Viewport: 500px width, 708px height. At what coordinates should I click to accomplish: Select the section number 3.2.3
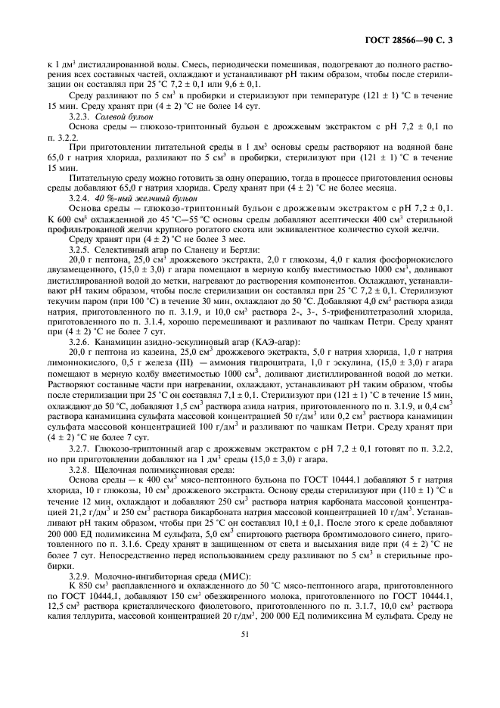(x=79, y=117)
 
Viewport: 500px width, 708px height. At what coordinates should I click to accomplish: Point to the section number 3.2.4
(x=79, y=196)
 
